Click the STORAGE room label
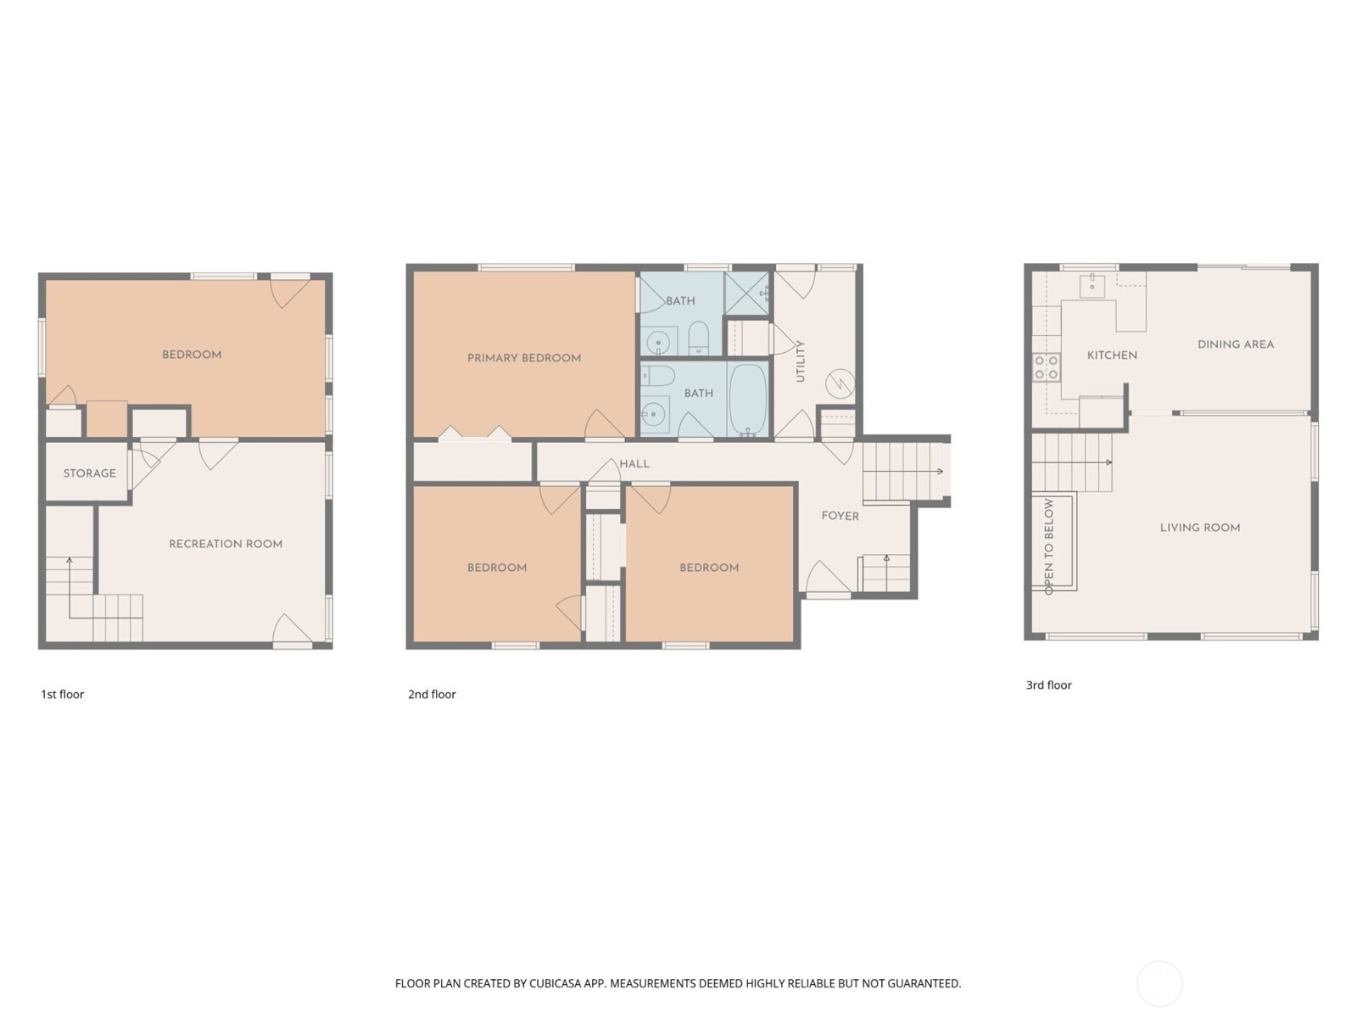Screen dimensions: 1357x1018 tap(90, 473)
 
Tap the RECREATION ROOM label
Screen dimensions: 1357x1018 tap(226, 544)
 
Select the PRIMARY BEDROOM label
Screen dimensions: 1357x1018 tap(523, 358)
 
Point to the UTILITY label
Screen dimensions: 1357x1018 tap(800, 361)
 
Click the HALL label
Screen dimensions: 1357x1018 tap(634, 463)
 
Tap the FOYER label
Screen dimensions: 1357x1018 tap(840, 516)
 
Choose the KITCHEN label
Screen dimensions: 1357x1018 tap(1112, 355)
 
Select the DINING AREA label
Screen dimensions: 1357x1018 tap(1236, 344)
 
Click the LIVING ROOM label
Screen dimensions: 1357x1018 tap(1200, 528)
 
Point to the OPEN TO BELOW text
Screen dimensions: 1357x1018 tap(1048, 546)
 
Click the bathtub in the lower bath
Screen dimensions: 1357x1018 tap(748, 400)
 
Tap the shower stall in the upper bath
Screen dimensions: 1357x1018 tap(747, 293)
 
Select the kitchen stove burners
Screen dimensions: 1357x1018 tap(1046, 366)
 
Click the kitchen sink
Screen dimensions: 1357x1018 tap(1093, 286)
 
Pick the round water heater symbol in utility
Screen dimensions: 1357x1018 tap(840, 383)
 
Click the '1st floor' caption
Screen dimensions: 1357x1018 tap(63, 694)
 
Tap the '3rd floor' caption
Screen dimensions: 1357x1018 tap(1048, 685)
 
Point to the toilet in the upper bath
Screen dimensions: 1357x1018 tap(699, 338)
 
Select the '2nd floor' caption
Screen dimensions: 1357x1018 tap(432, 694)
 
